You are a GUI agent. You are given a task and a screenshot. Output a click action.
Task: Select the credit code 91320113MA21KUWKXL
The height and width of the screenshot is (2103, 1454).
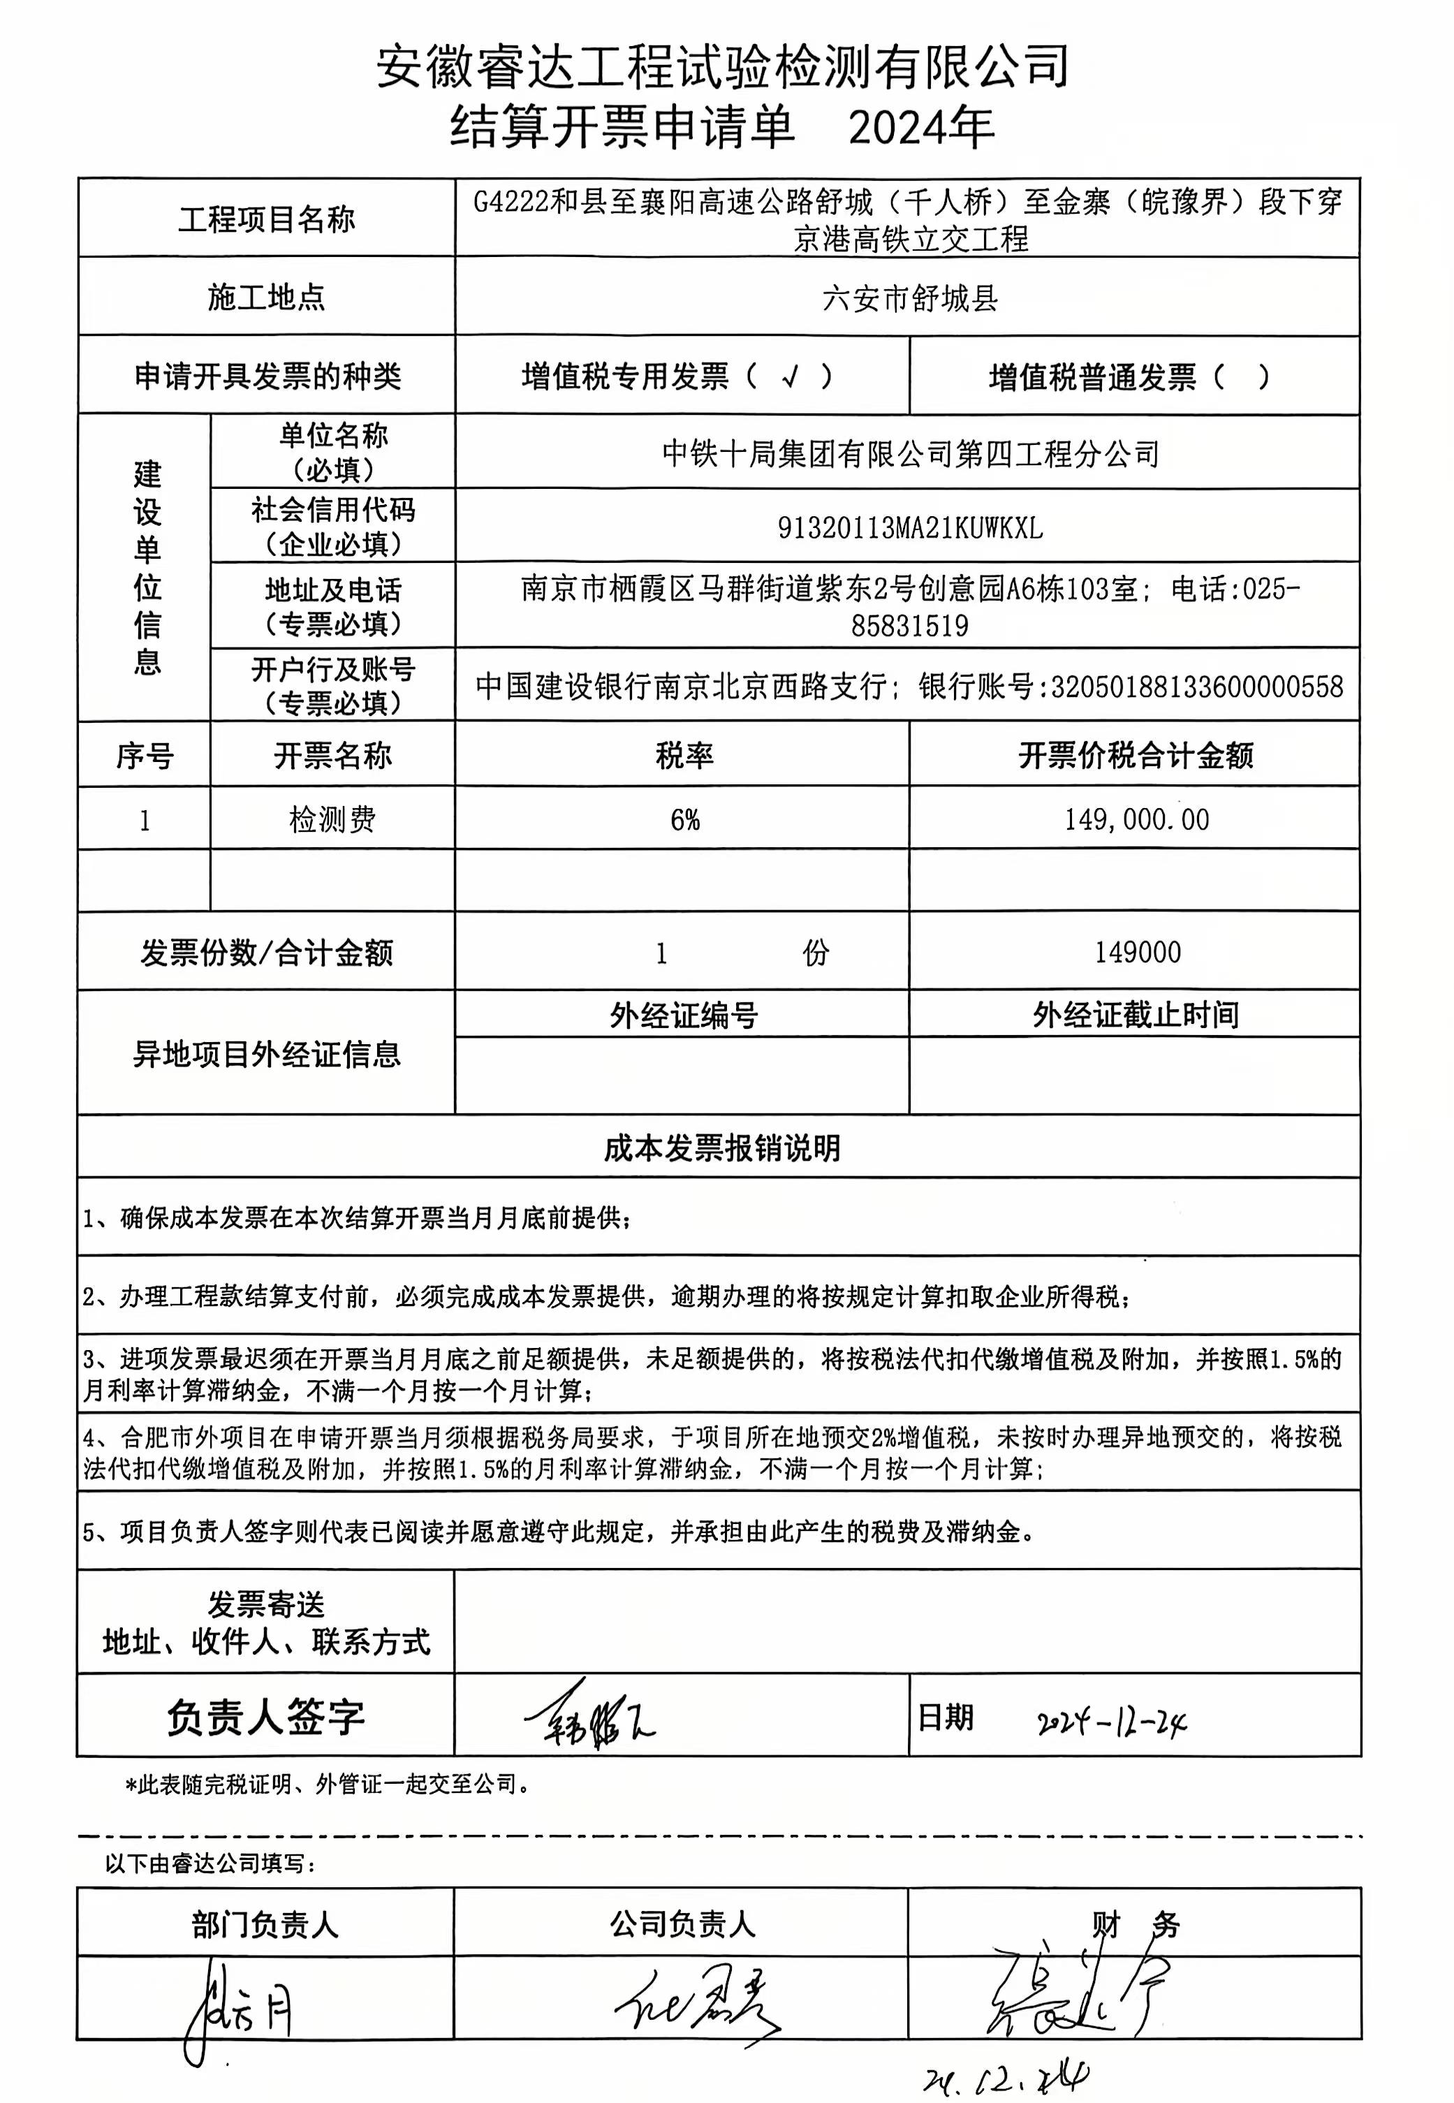(x=909, y=527)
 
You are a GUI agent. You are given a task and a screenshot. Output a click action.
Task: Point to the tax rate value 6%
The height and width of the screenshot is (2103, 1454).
(x=684, y=820)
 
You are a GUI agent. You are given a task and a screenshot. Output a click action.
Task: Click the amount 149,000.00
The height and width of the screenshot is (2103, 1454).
(x=1136, y=820)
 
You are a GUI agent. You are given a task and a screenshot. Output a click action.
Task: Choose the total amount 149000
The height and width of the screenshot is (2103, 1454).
(x=1137, y=952)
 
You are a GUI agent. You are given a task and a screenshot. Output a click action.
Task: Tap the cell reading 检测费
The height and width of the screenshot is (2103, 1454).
(x=332, y=820)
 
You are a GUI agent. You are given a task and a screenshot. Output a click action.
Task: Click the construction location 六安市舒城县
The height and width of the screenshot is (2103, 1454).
(x=909, y=298)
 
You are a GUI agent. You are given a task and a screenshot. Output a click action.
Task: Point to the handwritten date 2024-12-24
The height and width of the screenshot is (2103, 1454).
(x=1112, y=1721)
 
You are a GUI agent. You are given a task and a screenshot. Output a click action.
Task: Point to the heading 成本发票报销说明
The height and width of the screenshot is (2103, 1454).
(x=721, y=1148)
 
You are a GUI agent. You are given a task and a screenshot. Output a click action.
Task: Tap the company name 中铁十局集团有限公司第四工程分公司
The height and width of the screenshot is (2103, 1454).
(x=909, y=453)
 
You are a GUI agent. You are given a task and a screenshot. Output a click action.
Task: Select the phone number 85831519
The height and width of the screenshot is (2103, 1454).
(x=909, y=626)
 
